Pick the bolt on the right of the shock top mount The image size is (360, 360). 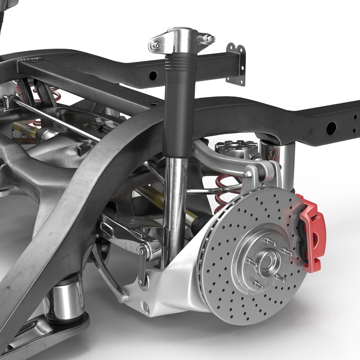pos(209,39)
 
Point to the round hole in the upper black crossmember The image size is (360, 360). pos(153,75)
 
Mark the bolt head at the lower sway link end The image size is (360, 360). pos(125,298)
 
